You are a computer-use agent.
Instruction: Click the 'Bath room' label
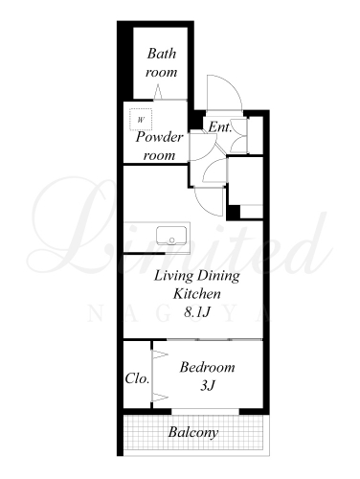162,62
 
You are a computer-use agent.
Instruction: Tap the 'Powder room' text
160,147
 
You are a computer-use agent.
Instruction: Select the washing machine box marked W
141,120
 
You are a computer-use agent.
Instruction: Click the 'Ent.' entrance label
220,127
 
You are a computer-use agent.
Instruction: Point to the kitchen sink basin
171,236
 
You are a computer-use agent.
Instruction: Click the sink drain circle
172,240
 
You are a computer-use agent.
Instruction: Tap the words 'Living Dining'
197,276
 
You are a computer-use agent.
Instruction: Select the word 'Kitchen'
197,294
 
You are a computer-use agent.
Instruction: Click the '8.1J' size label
197,312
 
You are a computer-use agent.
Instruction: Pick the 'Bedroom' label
207,367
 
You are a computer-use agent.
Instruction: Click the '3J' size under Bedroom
208,386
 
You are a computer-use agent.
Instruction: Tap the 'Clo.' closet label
137,378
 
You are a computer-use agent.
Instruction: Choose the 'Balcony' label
193,433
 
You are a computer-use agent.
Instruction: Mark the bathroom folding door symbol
158,92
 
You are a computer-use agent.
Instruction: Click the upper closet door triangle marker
161,354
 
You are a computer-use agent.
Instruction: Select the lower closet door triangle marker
161,398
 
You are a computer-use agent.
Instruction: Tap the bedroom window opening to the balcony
205,412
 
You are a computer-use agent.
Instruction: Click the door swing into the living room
204,209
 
